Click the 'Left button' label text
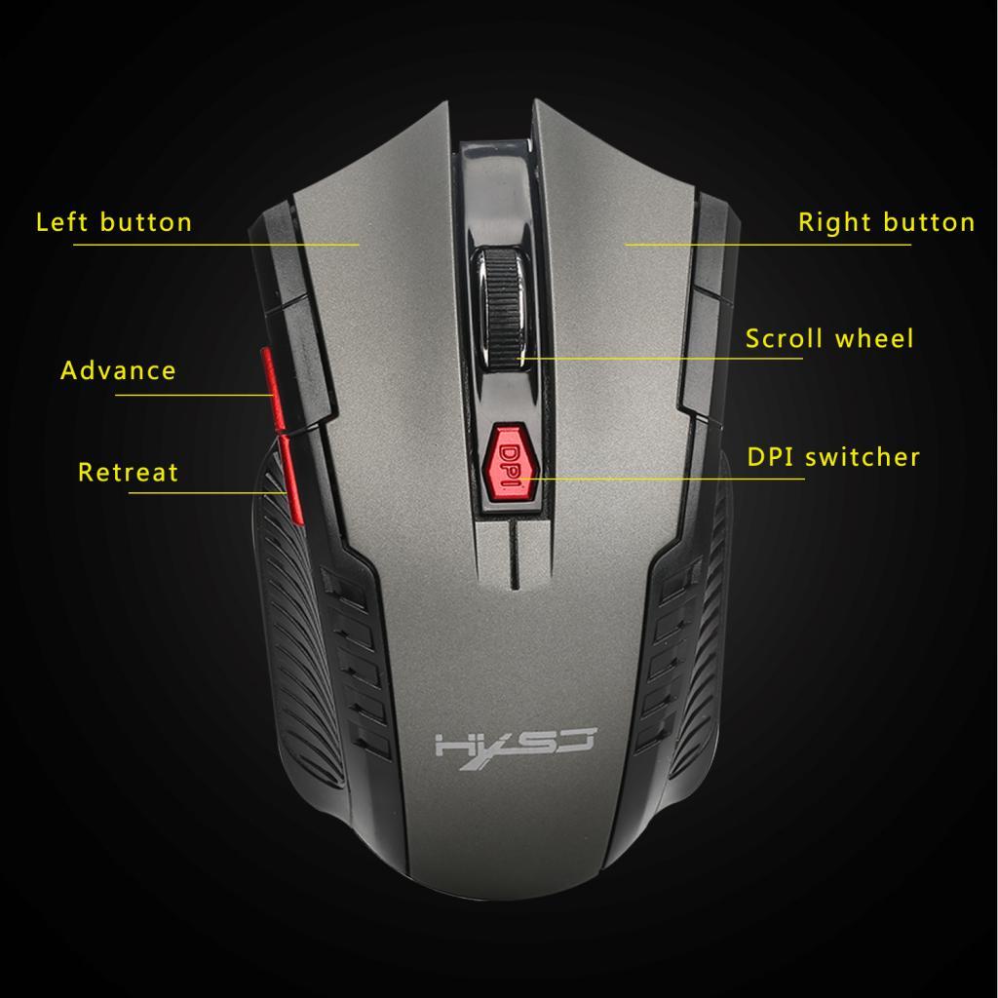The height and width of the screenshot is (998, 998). [x=114, y=222]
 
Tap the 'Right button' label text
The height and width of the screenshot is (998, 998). [x=886, y=222]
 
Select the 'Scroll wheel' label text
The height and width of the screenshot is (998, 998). [x=829, y=339]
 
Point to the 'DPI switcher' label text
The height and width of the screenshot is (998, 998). [x=833, y=456]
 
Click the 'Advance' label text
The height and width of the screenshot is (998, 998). [x=118, y=370]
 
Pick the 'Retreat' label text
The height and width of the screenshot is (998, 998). [x=128, y=473]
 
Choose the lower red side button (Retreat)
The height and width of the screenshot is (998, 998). [x=291, y=478]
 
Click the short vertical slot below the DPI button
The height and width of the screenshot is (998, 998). [x=512, y=554]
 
